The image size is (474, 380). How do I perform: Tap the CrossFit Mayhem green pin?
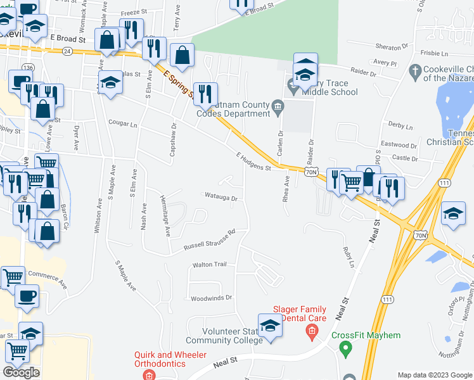(345, 347)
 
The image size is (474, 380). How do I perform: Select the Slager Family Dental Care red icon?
(311, 330)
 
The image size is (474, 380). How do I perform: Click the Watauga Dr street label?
(220, 198)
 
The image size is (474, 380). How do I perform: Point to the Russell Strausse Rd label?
(209, 239)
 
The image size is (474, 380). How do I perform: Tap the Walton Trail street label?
(209, 265)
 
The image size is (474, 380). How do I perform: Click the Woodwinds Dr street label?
(212, 297)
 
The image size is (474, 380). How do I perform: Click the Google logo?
(22, 372)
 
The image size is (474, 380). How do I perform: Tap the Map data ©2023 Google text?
(434, 375)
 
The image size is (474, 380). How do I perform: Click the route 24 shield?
(68, 50)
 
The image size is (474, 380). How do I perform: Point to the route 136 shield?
(27, 67)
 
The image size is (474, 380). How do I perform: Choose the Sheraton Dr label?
(392, 47)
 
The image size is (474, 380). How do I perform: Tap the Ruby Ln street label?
(347, 256)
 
